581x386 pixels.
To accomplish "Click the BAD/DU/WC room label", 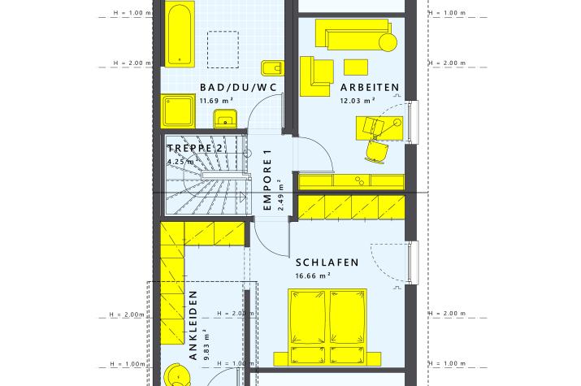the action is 238,88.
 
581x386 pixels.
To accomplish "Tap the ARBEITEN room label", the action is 370,88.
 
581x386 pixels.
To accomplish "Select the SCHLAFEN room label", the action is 327,262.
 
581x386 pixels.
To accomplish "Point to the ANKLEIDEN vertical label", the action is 193,325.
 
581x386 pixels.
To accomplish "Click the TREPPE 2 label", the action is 195,149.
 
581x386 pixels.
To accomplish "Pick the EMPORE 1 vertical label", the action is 267,180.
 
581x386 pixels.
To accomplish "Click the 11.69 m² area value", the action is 216,101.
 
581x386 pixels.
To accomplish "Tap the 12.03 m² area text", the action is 358,101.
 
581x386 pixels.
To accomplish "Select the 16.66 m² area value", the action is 313,275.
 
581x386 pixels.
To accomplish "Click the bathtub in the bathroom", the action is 180,34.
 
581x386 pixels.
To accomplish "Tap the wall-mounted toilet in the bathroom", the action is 273,68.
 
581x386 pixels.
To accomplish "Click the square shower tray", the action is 178,111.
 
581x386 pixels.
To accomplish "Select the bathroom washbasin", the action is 225,119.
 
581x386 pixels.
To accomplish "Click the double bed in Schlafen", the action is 327,327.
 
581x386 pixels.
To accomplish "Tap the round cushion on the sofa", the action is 388,42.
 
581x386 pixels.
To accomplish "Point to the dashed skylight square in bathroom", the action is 223,50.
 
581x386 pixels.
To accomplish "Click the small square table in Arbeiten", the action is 356,67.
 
